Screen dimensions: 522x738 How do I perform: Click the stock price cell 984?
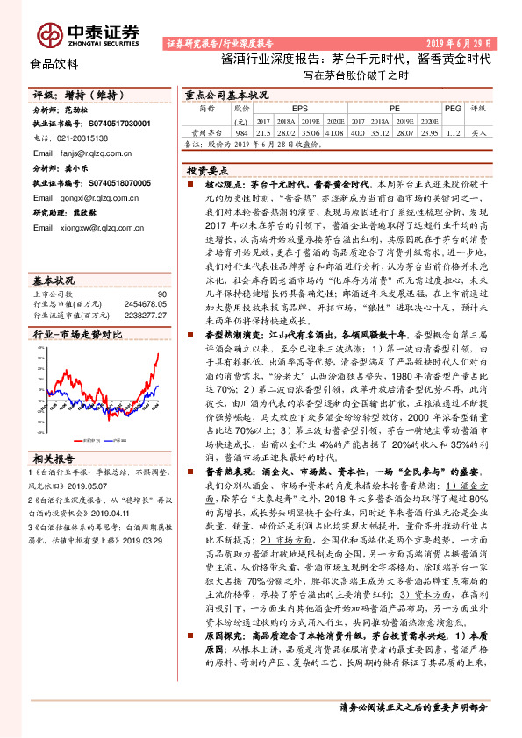(243, 131)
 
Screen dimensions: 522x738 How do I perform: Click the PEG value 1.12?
(453, 131)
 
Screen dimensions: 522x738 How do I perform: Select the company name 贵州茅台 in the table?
(209, 131)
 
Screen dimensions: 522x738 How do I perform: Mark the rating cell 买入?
(479, 131)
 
